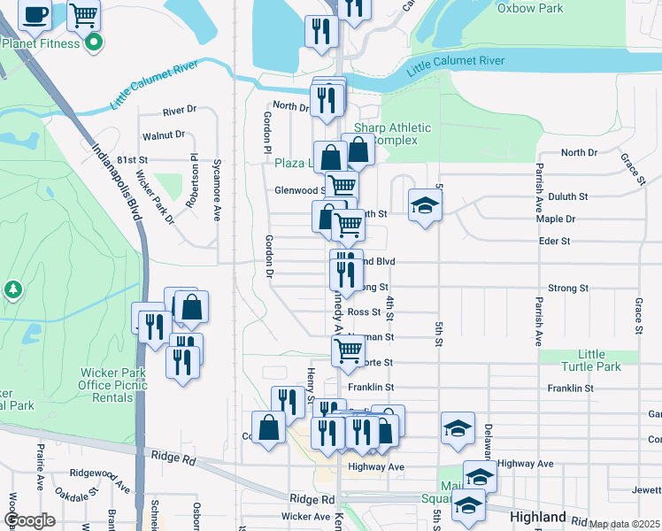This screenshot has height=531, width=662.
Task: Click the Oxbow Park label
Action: pyautogui.click(x=530, y=8)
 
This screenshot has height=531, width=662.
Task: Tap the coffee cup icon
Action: pyautogui.click(x=35, y=14)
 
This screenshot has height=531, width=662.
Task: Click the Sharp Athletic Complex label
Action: pyautogui.click(x=392, y=134)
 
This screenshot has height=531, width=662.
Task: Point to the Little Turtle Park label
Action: pyautogui.click(x=593, y=360)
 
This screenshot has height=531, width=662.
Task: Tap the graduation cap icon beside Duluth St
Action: pyautogui.click(x=425, y=205)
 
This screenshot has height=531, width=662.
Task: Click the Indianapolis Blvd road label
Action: pyautogui.click(x=118, y=188)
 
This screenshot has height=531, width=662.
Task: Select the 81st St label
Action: pyautogui.click(x=132, y=159)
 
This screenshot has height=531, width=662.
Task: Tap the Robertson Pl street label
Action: pyautogui.click(x=192, y=180)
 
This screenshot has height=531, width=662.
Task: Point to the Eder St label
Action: pyautogui.click(x=554, y=241)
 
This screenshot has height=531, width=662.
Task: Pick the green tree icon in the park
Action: pyautogui.click(x=12, y=289)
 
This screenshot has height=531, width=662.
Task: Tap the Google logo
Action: pyautogui.click(x=29, y=520)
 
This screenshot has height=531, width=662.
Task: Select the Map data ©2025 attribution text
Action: pyautogui.click(x=624, y=524)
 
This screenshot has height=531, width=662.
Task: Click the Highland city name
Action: pyautogui.click(x=538, y=517)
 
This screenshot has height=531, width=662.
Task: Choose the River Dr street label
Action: pyautogui.click(x=180, y=112)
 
